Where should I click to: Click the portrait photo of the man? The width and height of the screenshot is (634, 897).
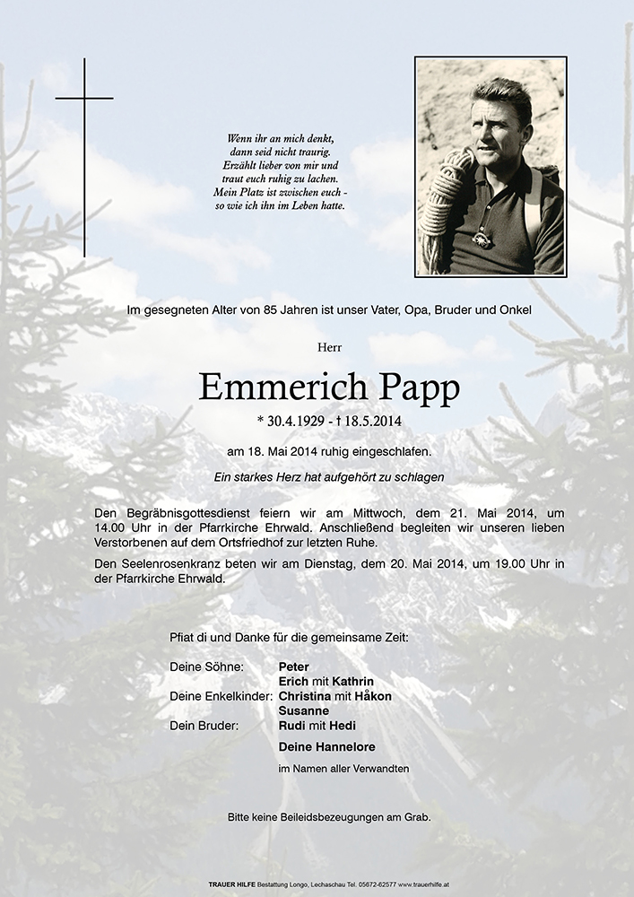(490, 167)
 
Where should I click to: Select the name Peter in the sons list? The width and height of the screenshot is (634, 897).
(293, 667)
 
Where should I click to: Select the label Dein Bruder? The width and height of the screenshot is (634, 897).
(204, 725)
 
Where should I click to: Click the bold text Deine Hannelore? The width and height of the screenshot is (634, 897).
(326, 746)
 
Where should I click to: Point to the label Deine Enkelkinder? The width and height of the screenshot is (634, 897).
(221, 696)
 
